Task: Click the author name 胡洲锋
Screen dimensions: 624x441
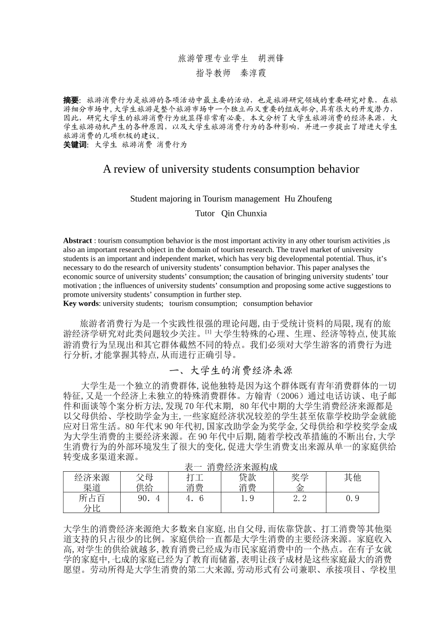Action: (271, 58)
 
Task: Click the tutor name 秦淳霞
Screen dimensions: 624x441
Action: (253, 73)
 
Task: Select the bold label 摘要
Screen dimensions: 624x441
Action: (71, 100)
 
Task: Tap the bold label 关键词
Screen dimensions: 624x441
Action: (75, 145)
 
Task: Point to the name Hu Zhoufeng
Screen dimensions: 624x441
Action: (308, 199)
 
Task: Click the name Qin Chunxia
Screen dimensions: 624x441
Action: (244, 214)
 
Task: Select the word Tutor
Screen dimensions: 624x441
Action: (205, 214)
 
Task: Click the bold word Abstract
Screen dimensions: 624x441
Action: (78, 240)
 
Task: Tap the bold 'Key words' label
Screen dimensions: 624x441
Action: (81, 304)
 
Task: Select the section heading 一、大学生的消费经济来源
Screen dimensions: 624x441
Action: (231, 370)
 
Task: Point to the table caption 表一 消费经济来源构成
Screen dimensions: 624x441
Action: (231, 467)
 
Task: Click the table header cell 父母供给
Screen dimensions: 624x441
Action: (144, 482)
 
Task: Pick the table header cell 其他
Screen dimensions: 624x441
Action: (352, 478)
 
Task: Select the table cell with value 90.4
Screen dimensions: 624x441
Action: (149, 498)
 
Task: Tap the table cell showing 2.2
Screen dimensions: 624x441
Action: (300, 498)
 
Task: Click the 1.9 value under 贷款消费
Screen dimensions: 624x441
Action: (247, 498)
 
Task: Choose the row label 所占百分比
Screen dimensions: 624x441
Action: (92, 503)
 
